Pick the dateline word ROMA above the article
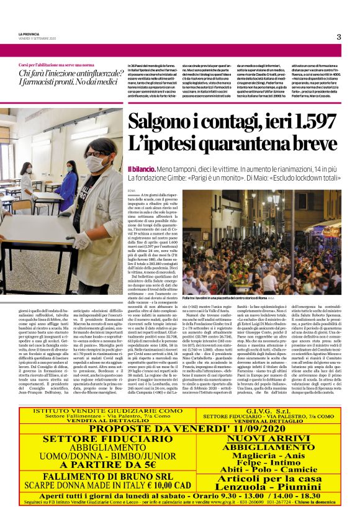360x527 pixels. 131,190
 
